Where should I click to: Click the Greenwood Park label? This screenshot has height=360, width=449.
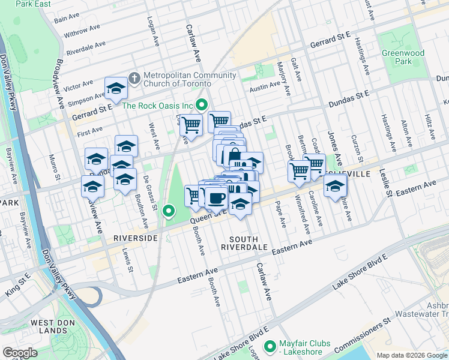coord(403,57)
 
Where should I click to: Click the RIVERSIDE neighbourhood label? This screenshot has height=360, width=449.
coord(136,238)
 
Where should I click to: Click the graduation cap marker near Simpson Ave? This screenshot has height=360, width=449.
coord(116,89)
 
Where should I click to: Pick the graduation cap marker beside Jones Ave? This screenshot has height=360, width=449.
coord(335,185)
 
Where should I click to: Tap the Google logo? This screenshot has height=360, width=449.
coord(20,353)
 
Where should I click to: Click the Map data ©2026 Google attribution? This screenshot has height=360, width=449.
coord(412,355)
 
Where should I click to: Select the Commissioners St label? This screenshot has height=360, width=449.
coord(370,328)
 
